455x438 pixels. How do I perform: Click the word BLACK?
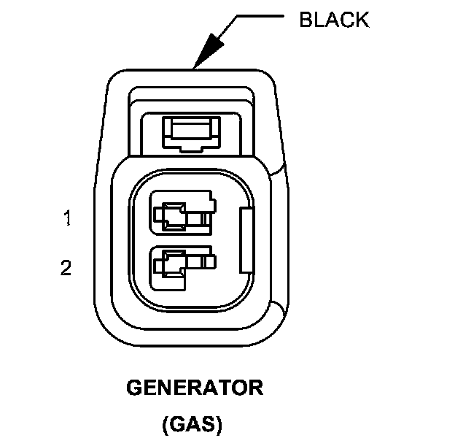[x=334, y=20]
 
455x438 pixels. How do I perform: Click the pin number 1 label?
[x=67, y=218]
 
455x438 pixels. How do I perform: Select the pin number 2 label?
[x=66, y=269]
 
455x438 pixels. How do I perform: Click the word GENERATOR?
[x=195, y=388]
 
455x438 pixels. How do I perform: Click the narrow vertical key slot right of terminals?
[x=245, y=237]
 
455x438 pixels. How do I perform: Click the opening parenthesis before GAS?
[x=164, y=423]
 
